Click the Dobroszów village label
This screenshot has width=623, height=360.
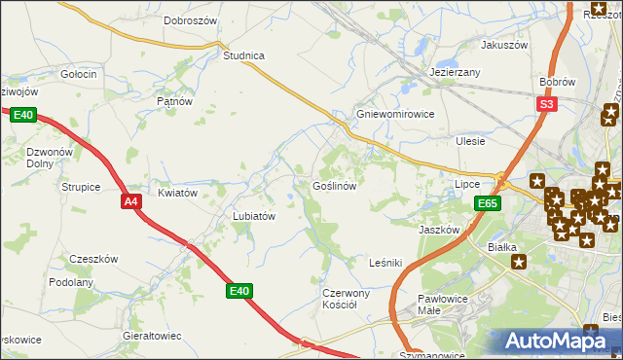[191, 20]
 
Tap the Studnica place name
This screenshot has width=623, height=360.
[244, 55]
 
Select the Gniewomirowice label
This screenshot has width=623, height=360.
[395, 114]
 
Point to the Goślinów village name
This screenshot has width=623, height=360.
[338, 185]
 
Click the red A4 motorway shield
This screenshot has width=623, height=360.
[131, 201]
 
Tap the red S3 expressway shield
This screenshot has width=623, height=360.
[547, 104]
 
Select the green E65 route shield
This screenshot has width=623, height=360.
[489, 203]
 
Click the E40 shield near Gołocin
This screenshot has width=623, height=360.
[24, 116]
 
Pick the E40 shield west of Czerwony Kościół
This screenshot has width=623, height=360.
[239, 290]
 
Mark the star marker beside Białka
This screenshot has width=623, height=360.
[519, 261]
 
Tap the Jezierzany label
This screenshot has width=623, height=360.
[456, 73]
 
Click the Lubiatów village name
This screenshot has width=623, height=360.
[255, 216]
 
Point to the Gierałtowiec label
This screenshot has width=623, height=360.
[152, 336]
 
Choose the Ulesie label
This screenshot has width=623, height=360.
[471, 141]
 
